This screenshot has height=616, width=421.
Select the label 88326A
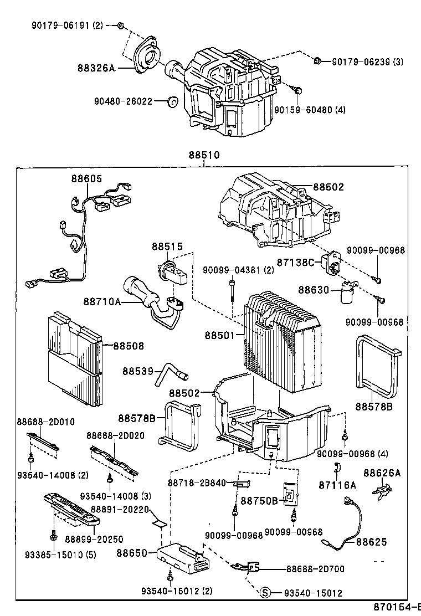click(96, 68)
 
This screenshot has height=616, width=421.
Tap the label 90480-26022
click(123, 102)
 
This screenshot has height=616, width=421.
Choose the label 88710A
click(102, 301)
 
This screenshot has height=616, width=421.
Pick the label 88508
click(129, 346)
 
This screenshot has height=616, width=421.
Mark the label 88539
click(138, 371)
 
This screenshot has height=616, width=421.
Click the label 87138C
click(296, 261)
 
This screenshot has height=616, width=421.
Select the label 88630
click(314, 290)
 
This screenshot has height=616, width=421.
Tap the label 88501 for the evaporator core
click(220, 335)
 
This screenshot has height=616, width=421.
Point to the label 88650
click(132, 553)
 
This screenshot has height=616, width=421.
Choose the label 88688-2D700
click(315, 569)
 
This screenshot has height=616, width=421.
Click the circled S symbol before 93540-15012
click(265, 593)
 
